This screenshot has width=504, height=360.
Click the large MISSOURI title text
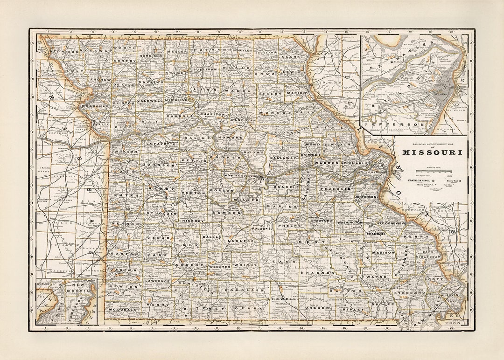pos(433,152)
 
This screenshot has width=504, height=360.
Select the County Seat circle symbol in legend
pos(460,180)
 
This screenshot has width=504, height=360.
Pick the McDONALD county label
pos(123,310)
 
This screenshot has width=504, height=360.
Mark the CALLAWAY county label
pos(283,158)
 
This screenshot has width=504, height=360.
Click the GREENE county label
pos(189,264)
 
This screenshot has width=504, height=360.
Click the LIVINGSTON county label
pos(175,99)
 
